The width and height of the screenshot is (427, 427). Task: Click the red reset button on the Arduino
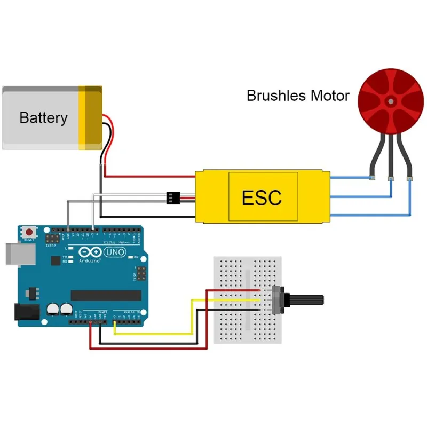pyautogui.click(x=28, y=232)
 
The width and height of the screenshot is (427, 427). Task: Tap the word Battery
pyautogui.click(x=43, y=117)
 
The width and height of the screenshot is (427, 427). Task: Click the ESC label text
pyautogui.click(x=262, y=197)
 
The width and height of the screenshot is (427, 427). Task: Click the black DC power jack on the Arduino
pyautogui.click(x=25, y=312)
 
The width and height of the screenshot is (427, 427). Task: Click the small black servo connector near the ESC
pyautogui.click(x=172, y=197)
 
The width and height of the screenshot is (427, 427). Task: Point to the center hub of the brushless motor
pyautogui.click(x=390, y=100)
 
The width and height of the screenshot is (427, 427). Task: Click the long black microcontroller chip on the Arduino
pyautogui.click(x=106, y=295)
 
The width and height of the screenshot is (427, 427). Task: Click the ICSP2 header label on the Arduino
pyautogui.click(x=51, y=246)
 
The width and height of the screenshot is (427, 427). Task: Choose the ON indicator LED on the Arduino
pyautogui.click(x=130, y=257)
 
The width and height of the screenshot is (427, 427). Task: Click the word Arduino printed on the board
pyautogui.click(x=90, y=260)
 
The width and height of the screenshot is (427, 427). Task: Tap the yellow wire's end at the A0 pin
pyautogui.click(x=115, y=322)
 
